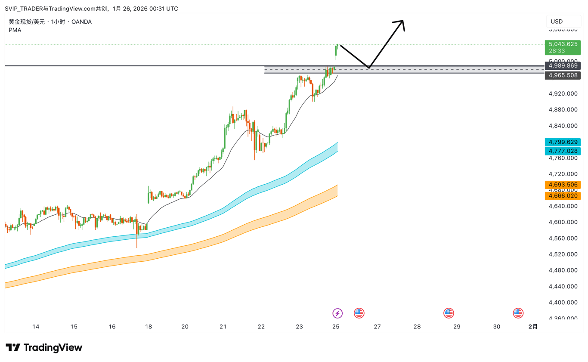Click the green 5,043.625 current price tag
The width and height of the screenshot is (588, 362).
pyautogui.click(x=562, y=44)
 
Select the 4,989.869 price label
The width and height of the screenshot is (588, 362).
pyautogui.click(x=562, y=66)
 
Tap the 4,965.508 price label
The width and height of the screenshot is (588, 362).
pyautogui.click(x=562, y=75)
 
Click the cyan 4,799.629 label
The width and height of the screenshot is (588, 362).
pyautogui.click(x=562, y=142)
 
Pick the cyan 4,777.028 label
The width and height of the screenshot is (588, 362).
pyautogui.click(x=562, y=151)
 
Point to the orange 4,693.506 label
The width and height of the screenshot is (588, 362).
pyautogui.click(x=562, y=185)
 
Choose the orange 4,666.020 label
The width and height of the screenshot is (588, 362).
pyautogui.click(x=562, y=196)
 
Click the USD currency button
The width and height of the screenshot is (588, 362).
pyautogui.click(x=557, y=22)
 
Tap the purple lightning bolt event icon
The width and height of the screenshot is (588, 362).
pyautogui.click(x=338, y=313)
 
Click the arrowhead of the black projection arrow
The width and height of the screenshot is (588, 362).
pyautogui.click(x=402, y=23)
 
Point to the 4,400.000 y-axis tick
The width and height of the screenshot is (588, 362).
pyautogui.click(x=563, y=302)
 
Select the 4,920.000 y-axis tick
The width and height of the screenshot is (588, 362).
pyautogui.click(x=563, y=93)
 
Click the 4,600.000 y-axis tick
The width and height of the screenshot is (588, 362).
pyautogui.click(x=563, y=222)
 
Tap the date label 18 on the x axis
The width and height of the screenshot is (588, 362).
pyautogui.click(x=149, y=327)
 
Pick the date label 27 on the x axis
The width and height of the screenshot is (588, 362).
pyautogui.click(x=377, y=327)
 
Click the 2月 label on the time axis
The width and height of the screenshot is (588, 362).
pyautogui.click(x=533, y=327)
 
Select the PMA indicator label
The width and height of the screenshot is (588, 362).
pyautogui.click(x=15, y=30)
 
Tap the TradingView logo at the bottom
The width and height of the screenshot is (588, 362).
pyautogui.click(x=44, y=347)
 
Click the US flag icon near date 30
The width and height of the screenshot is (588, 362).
pyautogui.click(x=518, y=313)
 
